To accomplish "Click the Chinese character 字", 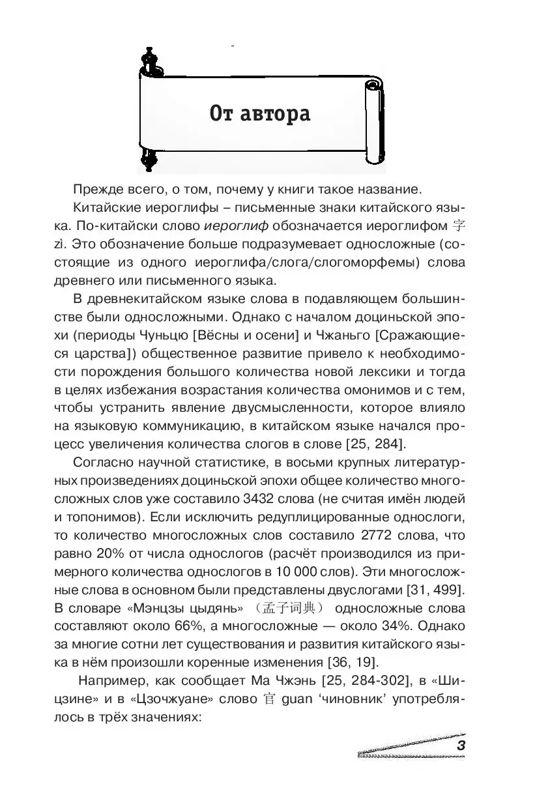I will (459, 227).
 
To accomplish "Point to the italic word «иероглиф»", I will (235, 227).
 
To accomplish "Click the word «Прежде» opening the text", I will (97, 190).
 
